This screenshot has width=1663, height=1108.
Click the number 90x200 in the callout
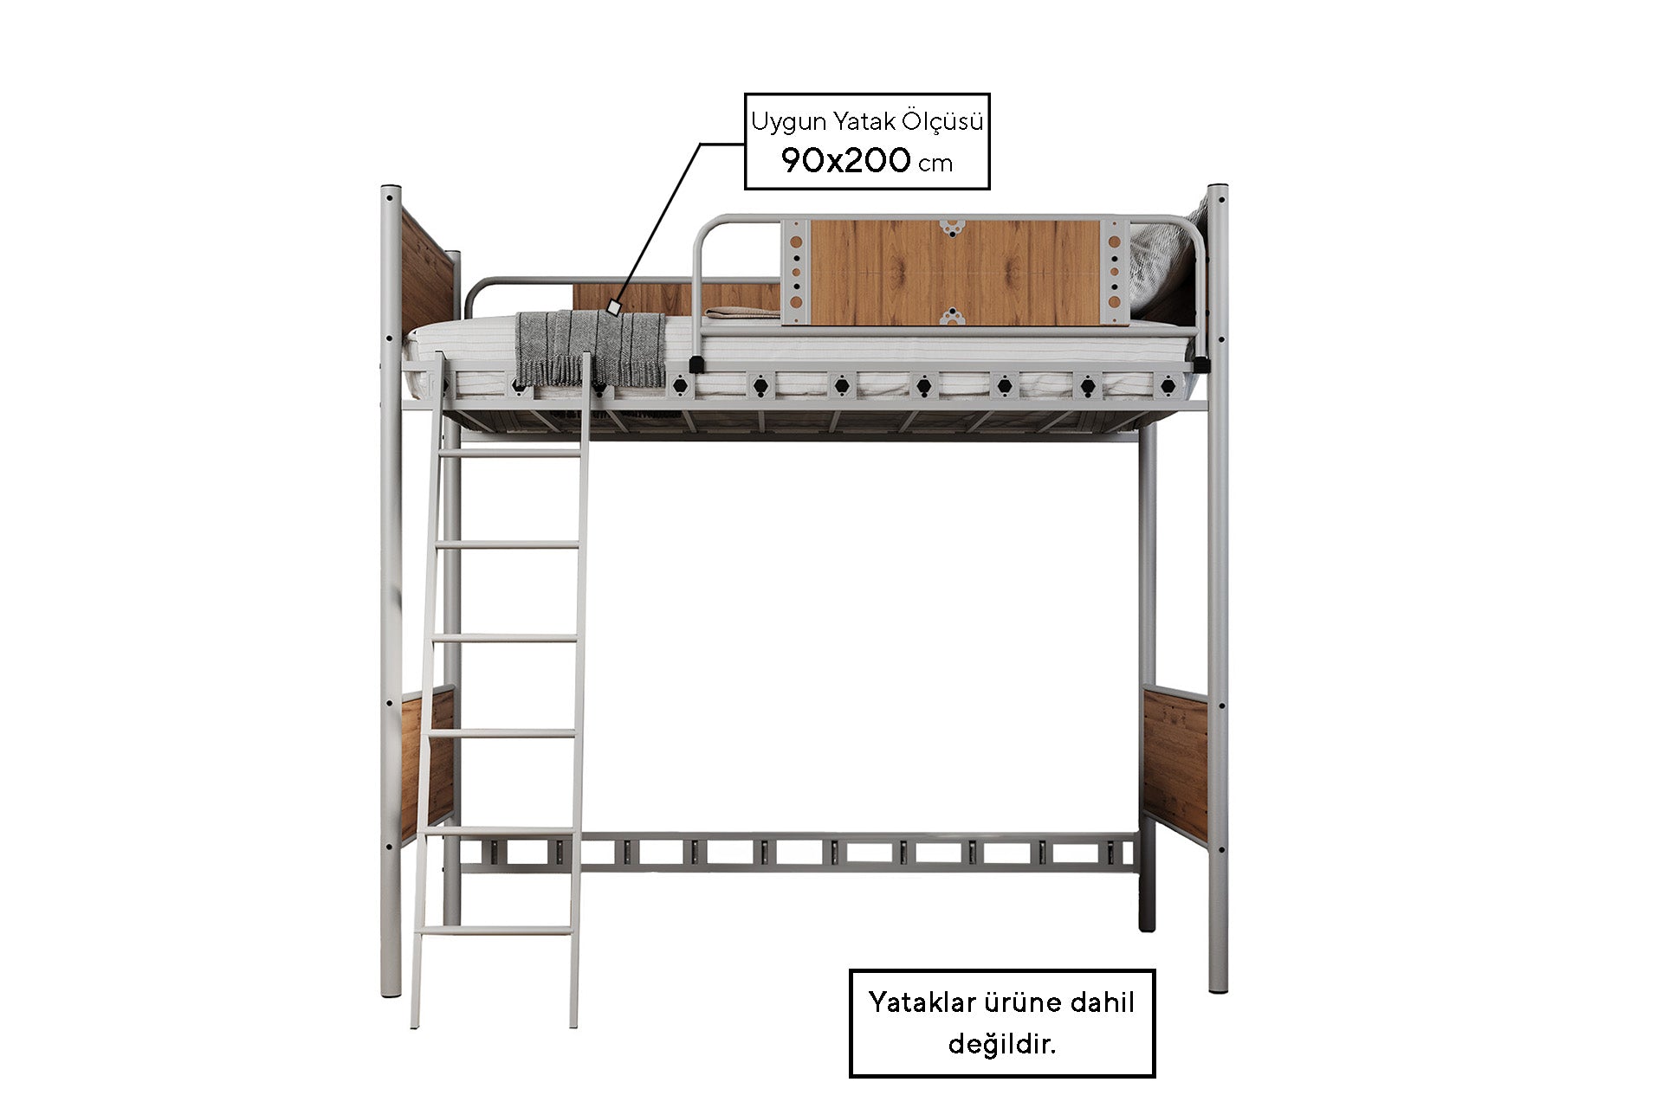[x=845, y=160]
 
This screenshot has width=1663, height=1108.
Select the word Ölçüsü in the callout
[x=942, y=120]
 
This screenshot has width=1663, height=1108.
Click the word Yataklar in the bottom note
[x=921, y=1002]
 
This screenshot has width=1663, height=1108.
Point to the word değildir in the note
[x=1002, y=1044]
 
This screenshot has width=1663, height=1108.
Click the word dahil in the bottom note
[x=1102, y=1002]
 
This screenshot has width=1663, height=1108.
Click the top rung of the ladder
[x=510, y=452]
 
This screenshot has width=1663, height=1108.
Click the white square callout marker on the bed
[x=614, y=306]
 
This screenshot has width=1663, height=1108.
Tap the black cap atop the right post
[x=1217, y=188]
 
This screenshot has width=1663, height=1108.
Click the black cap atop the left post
[x=391, y=188]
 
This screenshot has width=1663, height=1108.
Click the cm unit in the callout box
[x=935, y=164]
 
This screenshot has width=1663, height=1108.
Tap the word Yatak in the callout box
[x=860, y=121]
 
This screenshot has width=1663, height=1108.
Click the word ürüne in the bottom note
[x=1022, y=1002]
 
